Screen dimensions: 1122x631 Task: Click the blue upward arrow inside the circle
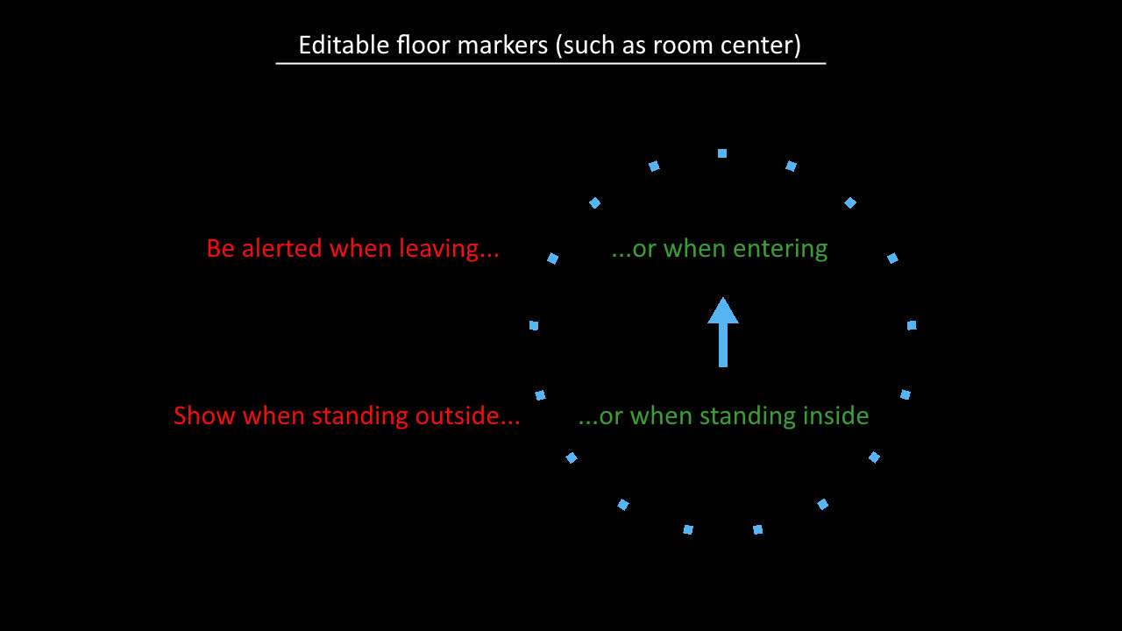tap(723, 332)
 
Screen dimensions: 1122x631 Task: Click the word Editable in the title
tap(344, 45)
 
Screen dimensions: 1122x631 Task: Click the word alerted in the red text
tap(281, 248)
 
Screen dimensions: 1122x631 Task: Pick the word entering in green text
tap(780, 249)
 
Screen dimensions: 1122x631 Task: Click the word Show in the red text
tap(204, 415)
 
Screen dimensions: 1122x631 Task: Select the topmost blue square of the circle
tap(721, 153)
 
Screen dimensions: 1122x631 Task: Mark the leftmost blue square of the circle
tap(534, 326)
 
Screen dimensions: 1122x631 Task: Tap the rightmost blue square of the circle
tap(912, 325)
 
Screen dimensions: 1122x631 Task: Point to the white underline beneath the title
tap(550, 64)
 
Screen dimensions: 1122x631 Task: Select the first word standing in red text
tap(359, 416)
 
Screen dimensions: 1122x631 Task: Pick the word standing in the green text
tap(747, 416)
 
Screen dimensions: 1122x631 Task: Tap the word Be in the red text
tap(221, 248)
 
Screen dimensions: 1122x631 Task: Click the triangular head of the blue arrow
tap(723, 310)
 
